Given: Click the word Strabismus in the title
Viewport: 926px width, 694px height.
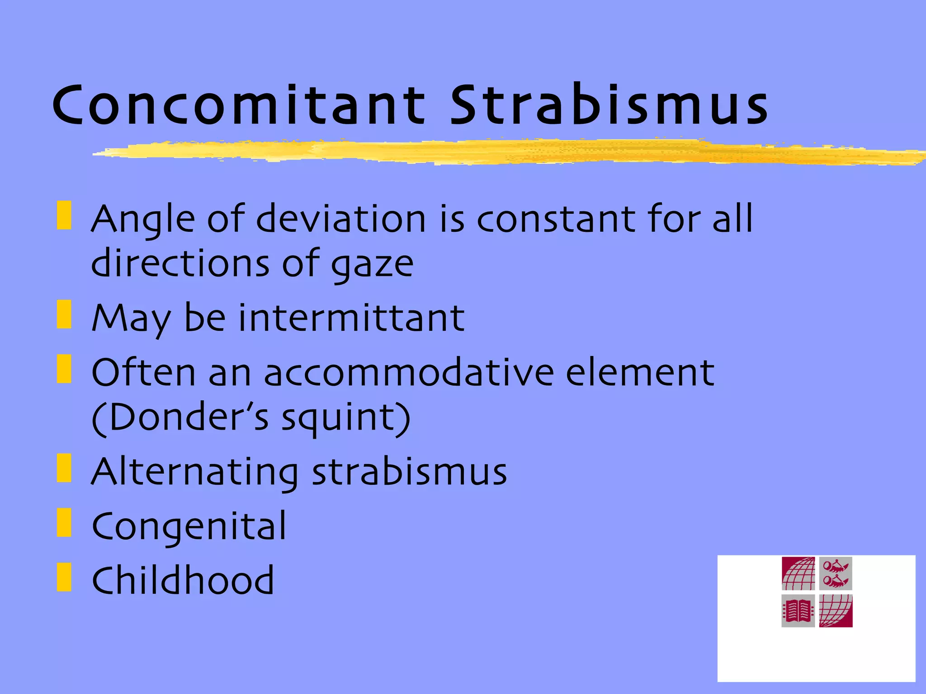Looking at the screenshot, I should click(x=609, y=105).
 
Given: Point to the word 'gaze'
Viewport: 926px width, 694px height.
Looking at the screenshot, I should click(x=372, y=265).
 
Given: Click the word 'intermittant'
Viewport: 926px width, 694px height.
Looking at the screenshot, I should click(x=351, y=318).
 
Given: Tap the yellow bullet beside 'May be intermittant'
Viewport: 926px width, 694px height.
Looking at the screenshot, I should click(x=64, y=314).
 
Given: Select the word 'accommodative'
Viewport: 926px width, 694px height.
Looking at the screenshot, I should click(x=408, y=372).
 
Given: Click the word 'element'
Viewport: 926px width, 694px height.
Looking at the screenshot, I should click(x=640, y=372).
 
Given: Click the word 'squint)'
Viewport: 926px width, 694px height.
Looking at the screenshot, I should click(x=346, y=418).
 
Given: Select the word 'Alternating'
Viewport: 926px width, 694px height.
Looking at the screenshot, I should click(x=194, y=473).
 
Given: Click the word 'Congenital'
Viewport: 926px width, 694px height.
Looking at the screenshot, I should click(x=189, y=527).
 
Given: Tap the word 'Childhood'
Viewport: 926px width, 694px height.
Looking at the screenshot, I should click(x=183, y=580).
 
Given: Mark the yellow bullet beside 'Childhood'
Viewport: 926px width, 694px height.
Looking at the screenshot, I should click(x=64, y=577).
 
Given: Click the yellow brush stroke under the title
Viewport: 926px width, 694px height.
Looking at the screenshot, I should click(x=497, y=152).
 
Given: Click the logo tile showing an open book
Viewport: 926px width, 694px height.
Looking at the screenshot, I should click(x=798, y=611).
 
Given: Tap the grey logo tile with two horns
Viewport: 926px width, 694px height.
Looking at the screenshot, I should click(x=836, y=573).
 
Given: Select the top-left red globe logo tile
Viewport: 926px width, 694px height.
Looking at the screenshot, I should click(x=798, y=573).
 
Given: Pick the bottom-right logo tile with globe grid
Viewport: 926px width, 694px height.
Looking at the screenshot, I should click(x=836, y=611).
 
